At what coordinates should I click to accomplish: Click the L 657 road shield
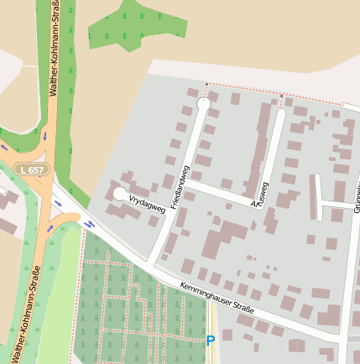click(31, 169)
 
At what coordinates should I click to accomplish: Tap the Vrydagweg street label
click(147, 202)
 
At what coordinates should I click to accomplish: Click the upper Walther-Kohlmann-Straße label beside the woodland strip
click(55, 50)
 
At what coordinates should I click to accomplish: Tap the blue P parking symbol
click(211, 340)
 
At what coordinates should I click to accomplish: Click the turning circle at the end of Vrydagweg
click(120, 194)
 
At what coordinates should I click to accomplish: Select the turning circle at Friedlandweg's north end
click(203, 103)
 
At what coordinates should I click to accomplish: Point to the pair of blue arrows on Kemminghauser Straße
click(87, 223)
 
